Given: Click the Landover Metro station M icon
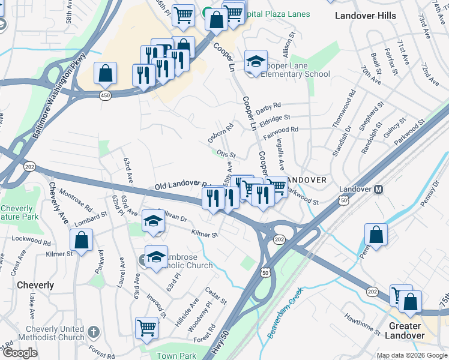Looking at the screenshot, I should point(379,189).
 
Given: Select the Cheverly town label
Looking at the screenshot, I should point(35,285).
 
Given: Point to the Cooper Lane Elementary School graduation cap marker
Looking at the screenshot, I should point(256,61).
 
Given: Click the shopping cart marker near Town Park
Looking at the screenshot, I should point(146,327).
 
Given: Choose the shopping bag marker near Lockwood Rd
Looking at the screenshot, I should point(81,240).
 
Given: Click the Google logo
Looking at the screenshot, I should point(20,353).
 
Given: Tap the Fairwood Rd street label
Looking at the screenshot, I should point(280,130).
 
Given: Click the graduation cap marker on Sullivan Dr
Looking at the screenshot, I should point(153,220).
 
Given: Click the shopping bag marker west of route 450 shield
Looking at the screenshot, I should point(105,73).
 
